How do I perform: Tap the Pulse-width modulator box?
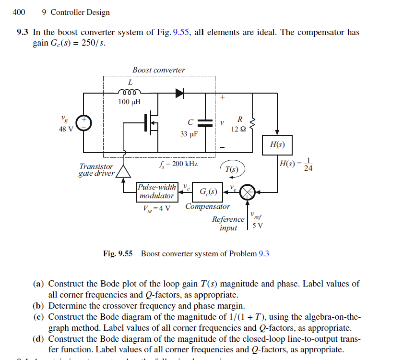[156, 192]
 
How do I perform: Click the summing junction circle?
[248, 192]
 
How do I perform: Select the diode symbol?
[180, 93]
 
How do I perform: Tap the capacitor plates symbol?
[205, 122]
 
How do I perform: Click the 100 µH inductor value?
[130, 102]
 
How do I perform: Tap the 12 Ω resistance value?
[238, 129]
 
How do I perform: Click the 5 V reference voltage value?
[258, 226]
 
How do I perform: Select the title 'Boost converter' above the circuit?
[158, 70]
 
